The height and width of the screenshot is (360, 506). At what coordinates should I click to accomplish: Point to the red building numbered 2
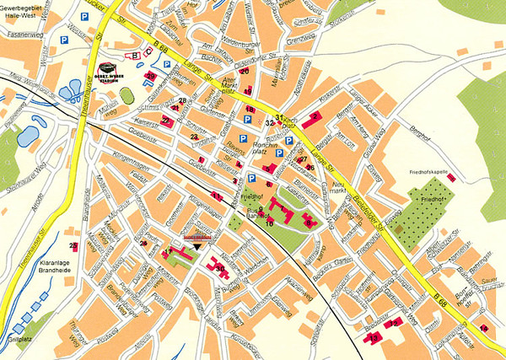316,116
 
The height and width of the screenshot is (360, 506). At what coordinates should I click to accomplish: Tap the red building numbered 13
374,336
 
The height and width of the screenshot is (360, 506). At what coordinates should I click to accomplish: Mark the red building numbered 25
74,246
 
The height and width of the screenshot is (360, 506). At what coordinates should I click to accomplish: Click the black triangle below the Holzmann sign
197,247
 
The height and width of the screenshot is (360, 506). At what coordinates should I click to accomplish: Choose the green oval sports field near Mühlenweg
126,95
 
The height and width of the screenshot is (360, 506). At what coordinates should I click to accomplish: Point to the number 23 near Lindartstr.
194,135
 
